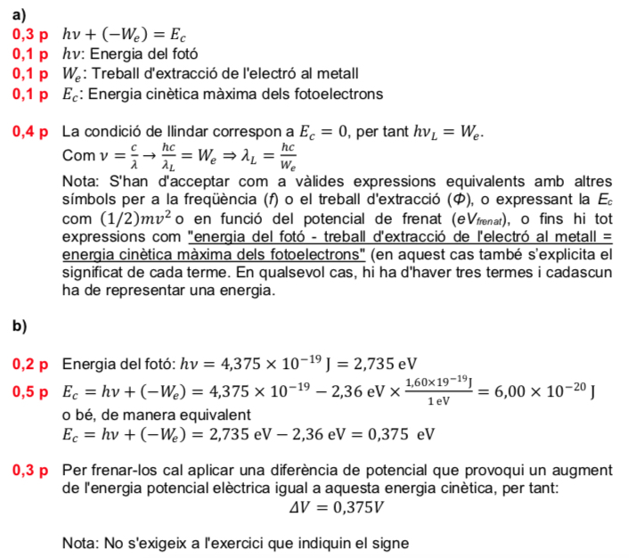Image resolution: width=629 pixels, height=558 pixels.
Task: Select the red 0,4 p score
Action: coord(29,133)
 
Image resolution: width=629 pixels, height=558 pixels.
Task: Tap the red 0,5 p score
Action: coord(29,390)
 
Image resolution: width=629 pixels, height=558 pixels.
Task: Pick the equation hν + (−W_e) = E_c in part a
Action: coord(124,35)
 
